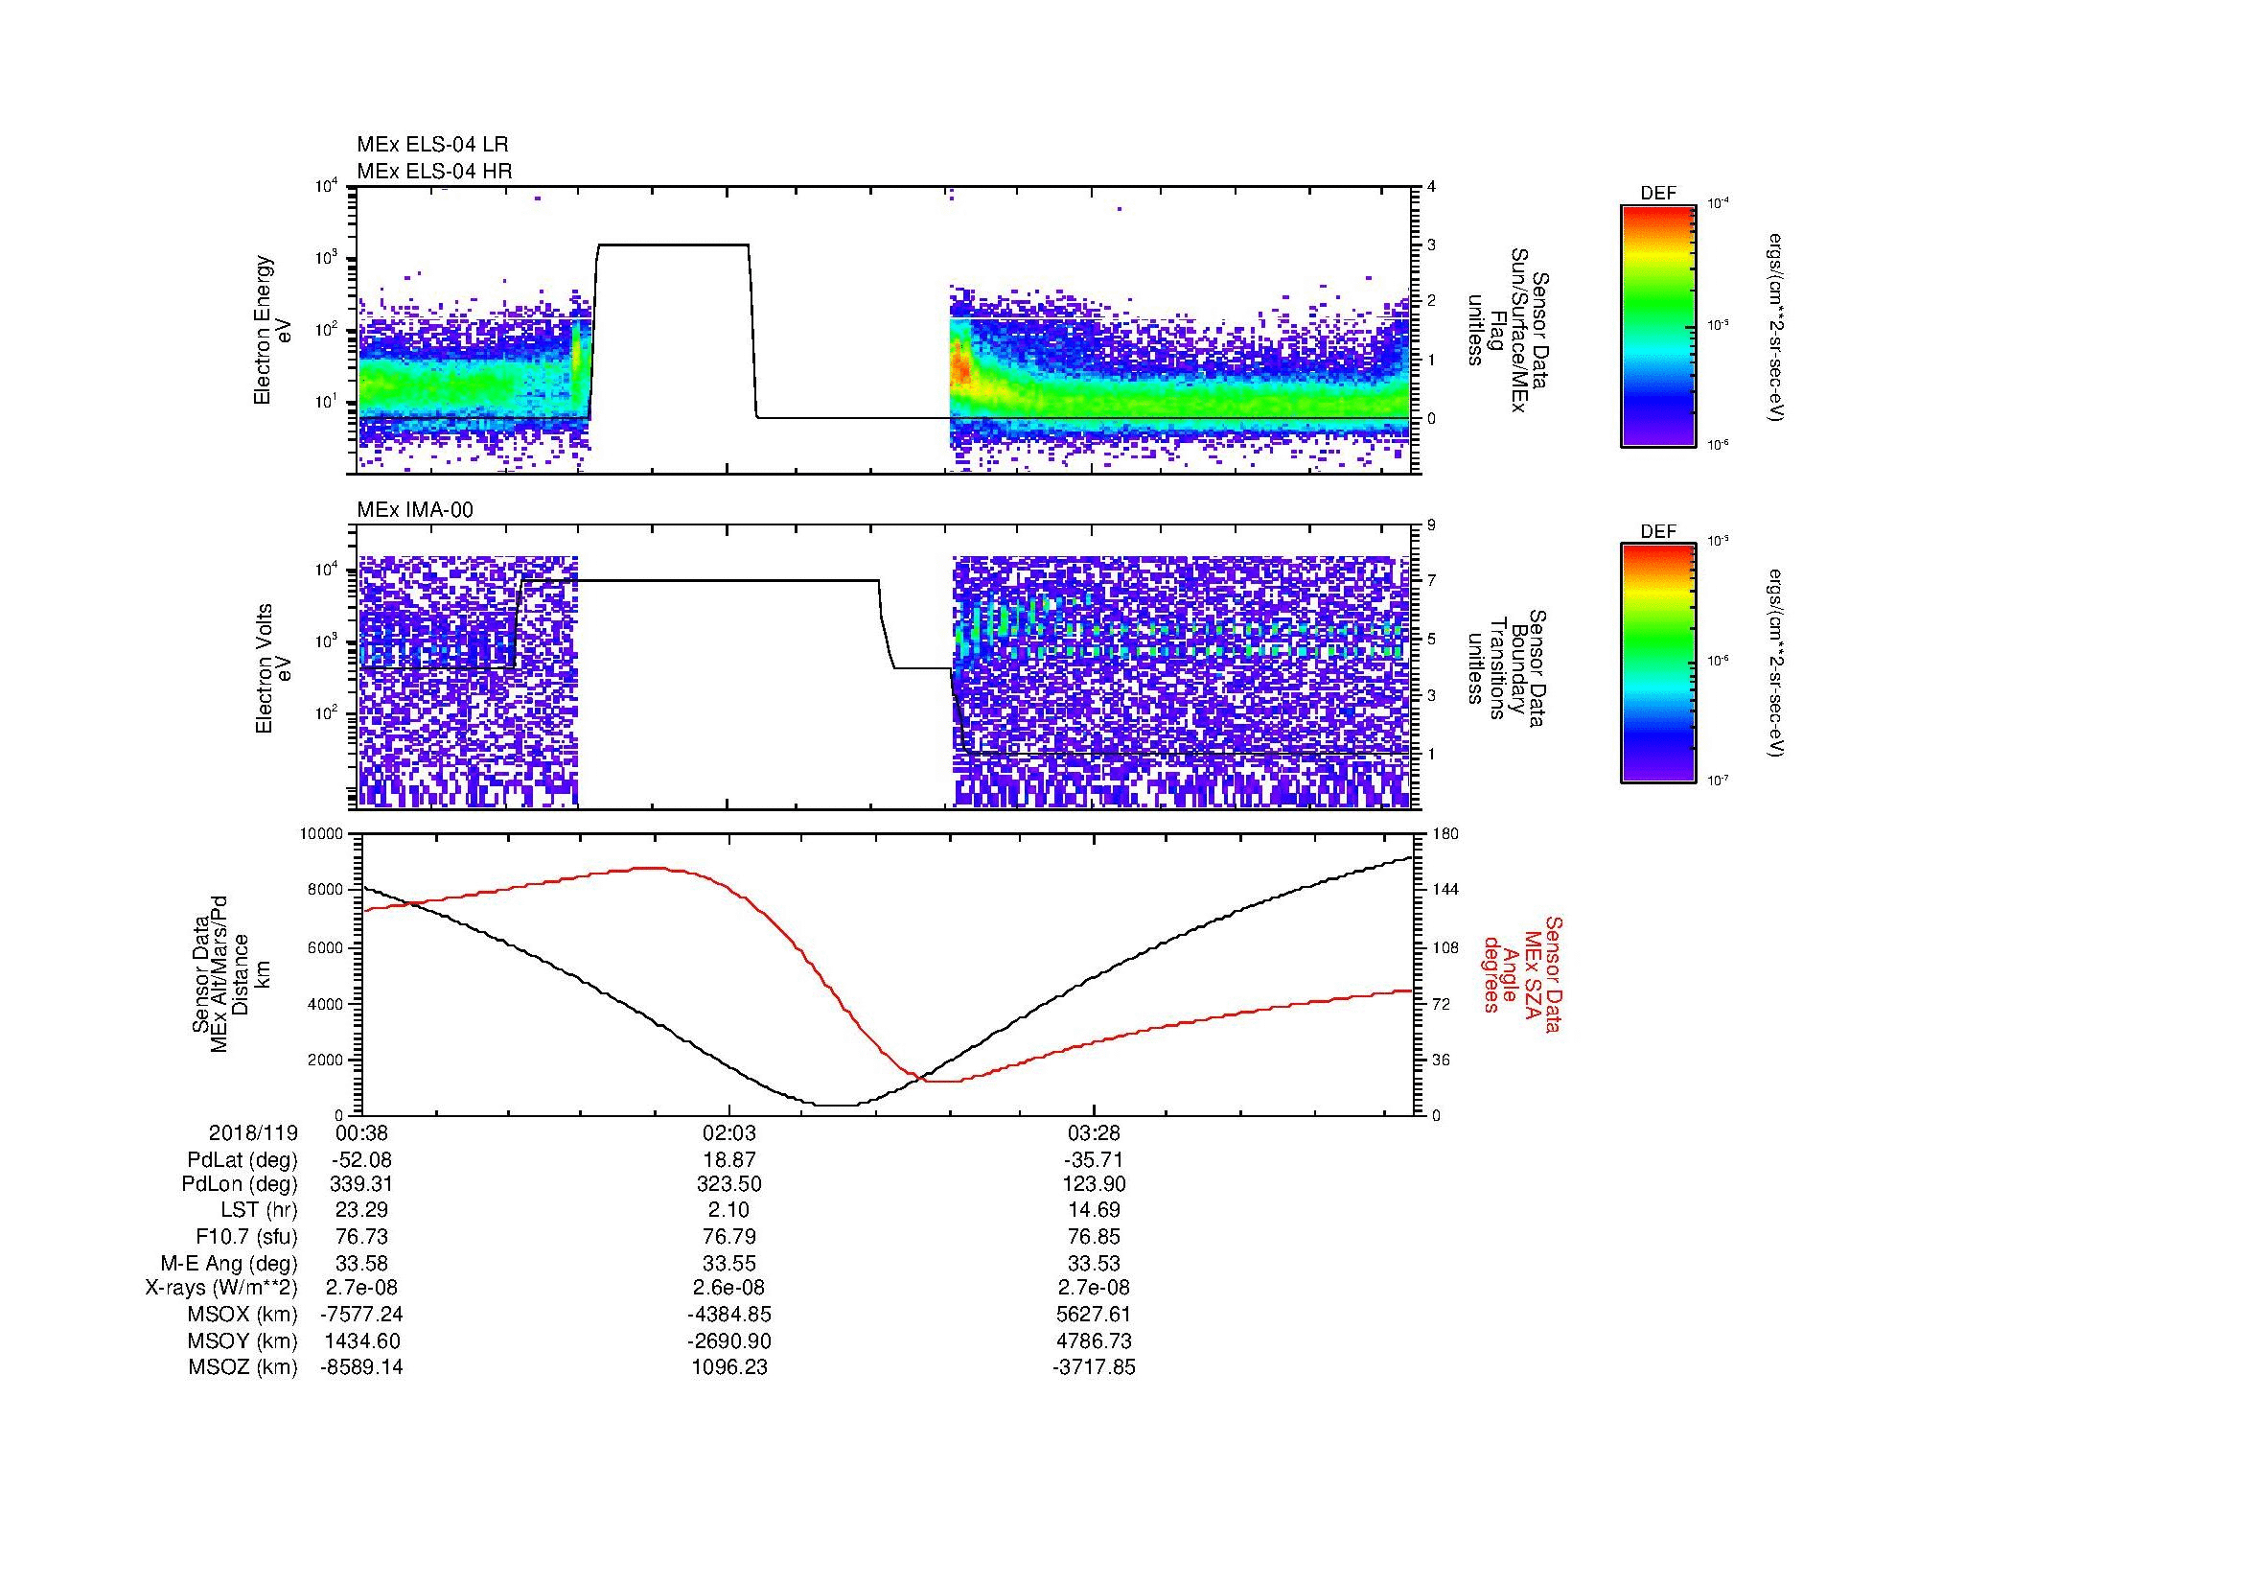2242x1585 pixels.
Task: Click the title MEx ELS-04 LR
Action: point(432,145)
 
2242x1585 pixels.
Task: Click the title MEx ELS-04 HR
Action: point(434,171)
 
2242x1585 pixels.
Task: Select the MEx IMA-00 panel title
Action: point(415,510)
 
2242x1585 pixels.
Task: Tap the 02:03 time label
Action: point(729,1132)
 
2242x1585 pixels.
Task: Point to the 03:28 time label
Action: point(1094,1132)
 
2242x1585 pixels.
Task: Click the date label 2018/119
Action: point(253,1132)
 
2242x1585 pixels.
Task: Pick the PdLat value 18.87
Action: point(729,1160)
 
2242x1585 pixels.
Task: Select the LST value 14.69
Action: point(1094,1211)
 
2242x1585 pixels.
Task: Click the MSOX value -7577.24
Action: point(362,1315)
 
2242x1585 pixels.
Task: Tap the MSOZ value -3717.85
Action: point(1094,1367)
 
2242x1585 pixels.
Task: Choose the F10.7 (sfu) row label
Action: point(246,1237)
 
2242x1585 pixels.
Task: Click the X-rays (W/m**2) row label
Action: point(220,1288)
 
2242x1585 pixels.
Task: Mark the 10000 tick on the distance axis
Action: point(321,834)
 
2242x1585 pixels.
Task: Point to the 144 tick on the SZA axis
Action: point(1445,890)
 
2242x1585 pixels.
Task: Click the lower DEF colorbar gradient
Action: point(1658,664)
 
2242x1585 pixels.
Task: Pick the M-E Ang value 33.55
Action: point(729,1263)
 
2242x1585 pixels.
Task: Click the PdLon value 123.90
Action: point(1094,1184)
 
